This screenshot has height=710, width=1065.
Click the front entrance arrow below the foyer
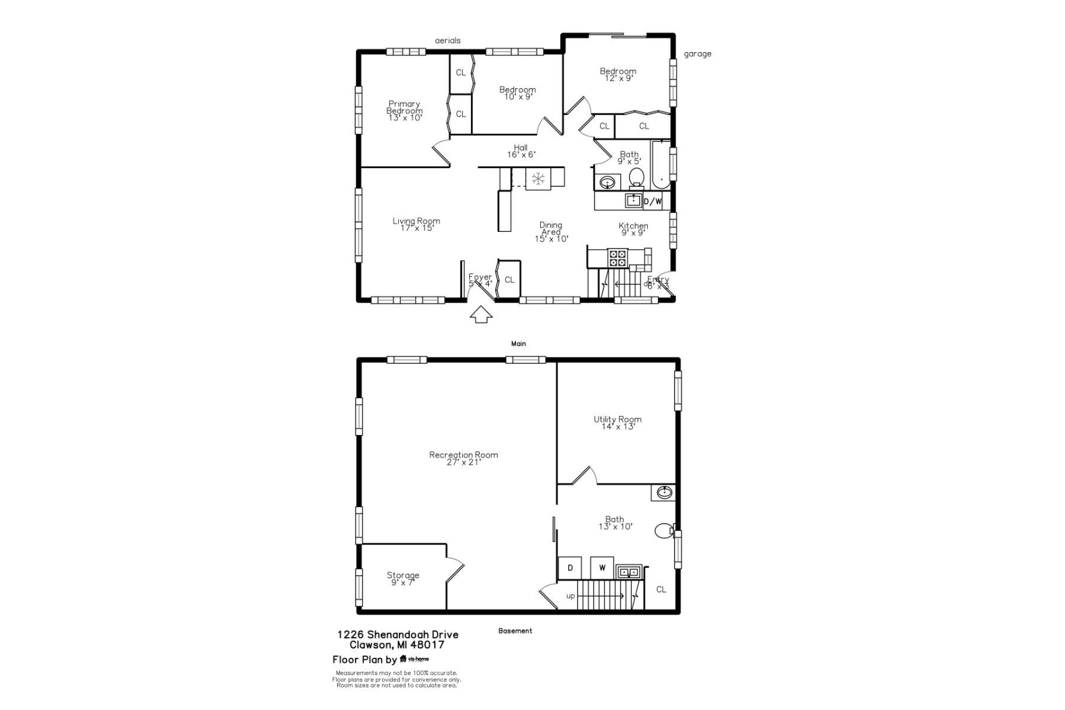481,315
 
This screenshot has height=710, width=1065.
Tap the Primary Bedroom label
405,111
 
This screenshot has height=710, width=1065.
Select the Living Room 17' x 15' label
416,224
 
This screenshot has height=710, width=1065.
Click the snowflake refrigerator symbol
538,179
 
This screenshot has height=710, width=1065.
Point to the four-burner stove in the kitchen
617,258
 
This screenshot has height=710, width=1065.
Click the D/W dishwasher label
653,202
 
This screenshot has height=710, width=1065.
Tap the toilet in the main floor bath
637,177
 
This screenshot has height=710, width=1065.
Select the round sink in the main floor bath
608,183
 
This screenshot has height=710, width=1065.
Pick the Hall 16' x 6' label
521,151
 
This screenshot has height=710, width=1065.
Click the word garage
698,54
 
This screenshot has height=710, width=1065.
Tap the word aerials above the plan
447,41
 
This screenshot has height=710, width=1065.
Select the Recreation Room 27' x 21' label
463,459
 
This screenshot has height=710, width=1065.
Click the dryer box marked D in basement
570,568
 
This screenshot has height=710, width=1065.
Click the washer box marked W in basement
602,568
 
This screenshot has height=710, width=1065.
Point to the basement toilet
664,531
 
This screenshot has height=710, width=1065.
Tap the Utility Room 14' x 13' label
617,423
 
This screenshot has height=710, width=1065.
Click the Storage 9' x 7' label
403,579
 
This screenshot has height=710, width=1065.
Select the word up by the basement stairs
570,596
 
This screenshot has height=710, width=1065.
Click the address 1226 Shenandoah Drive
398,634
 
